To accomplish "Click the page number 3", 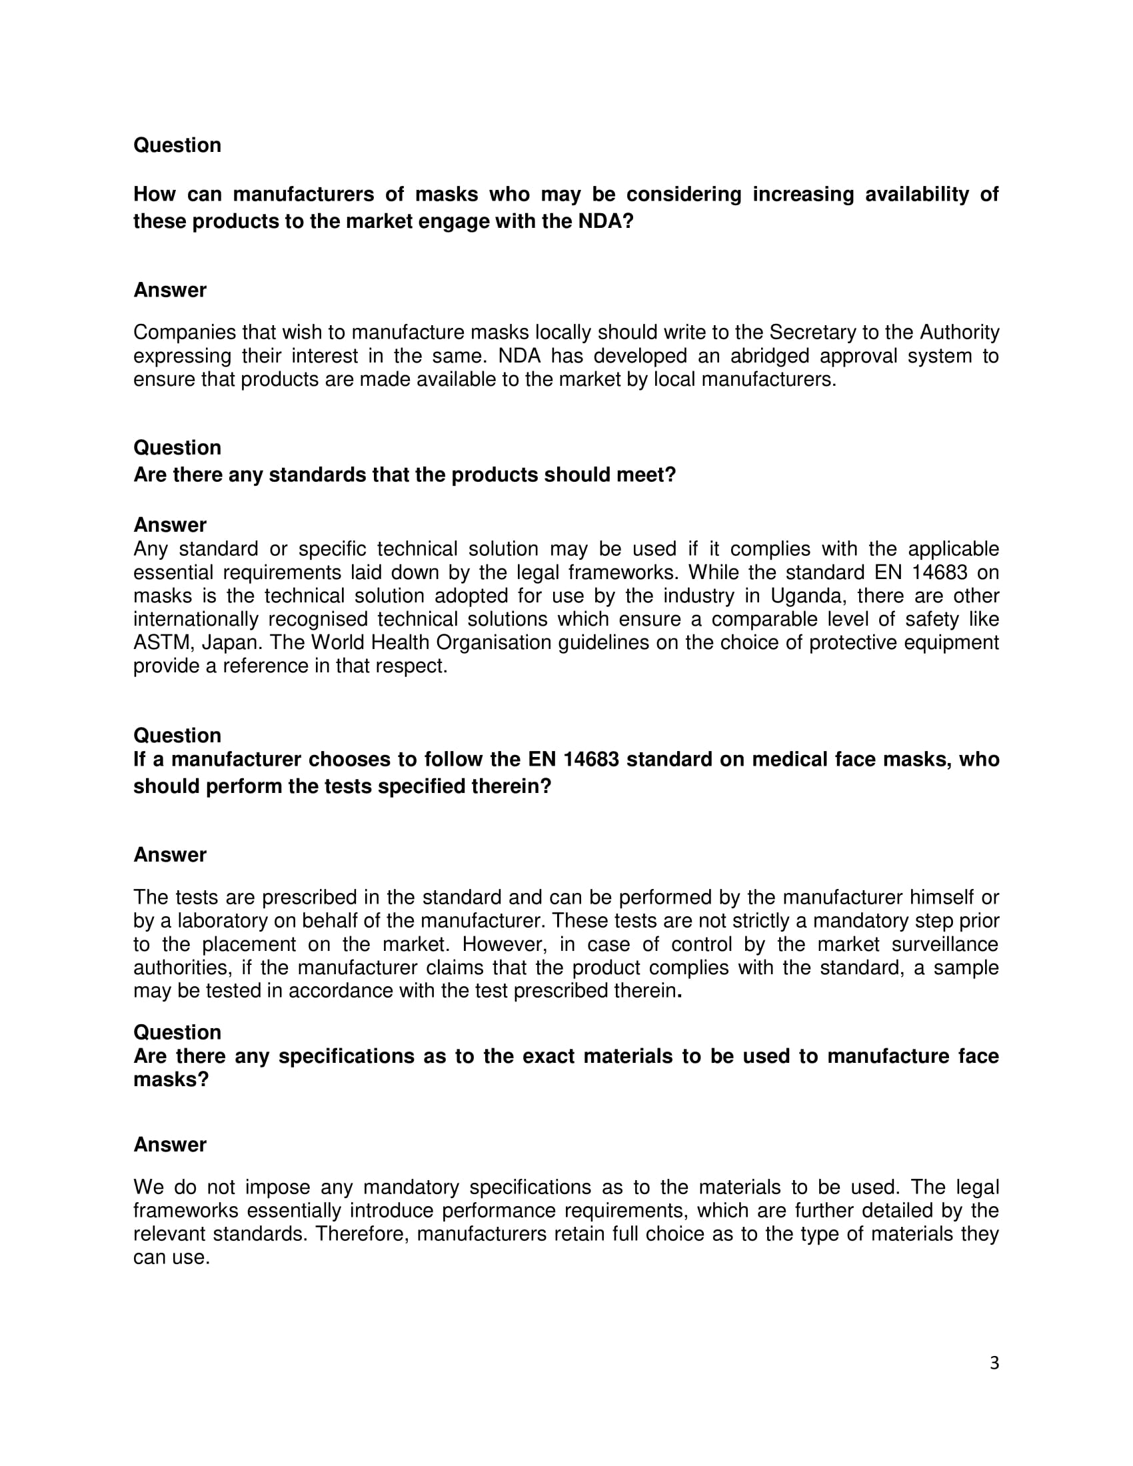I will (994, 1363).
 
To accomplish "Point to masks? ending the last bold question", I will (171, 1080).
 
